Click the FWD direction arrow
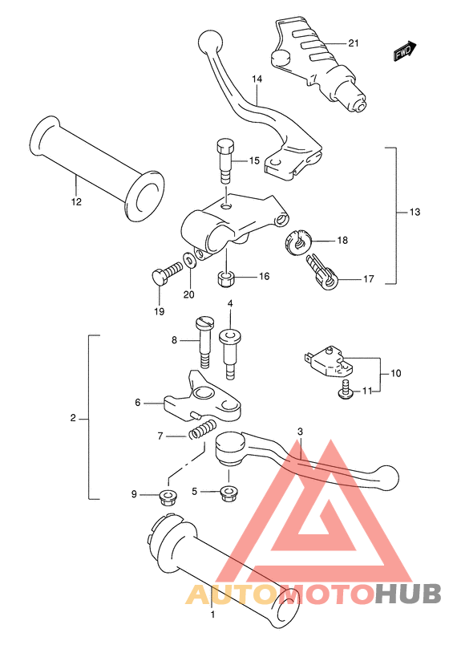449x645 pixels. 405,51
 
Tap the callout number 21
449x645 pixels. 354,43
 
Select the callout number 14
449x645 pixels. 257,79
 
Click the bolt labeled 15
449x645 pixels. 226,162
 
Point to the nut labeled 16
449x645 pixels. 226,279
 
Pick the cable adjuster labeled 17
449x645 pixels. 322,272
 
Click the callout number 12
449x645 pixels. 76,202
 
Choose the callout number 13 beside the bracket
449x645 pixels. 415,212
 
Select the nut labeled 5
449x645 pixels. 229,493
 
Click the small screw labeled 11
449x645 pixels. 345,390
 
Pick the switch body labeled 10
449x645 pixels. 329,361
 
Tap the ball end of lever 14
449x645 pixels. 210,42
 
